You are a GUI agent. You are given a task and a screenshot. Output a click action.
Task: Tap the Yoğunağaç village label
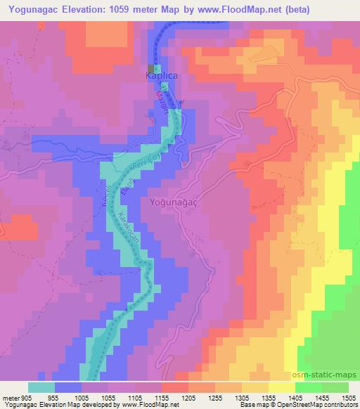coord(172,202)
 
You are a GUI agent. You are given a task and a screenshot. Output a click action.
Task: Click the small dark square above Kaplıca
coord(150,67)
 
